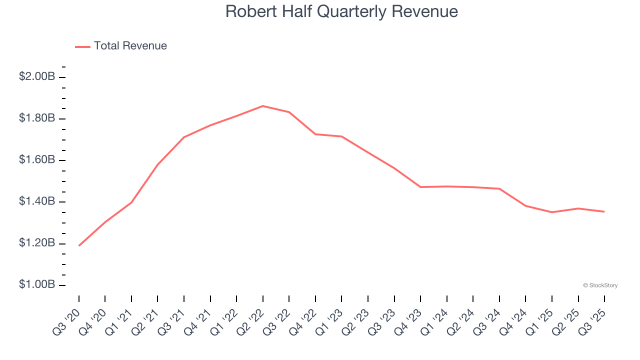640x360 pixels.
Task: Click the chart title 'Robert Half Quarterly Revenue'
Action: pyautogui.click(x=341, y=11)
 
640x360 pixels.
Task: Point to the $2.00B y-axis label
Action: pyautogui.click(x=37, y=77)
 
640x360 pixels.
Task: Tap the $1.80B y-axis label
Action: pyautogui.click(x=37, y=118)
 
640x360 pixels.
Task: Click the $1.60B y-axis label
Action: pyautogui.click(x=37, y=160)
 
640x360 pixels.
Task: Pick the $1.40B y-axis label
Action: pyautogui.click(x=37, y=201)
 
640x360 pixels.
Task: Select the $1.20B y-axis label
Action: pyautogui.click(x=37, y=243)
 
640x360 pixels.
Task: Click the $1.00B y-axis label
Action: pyautogui.click(x=37, y=285)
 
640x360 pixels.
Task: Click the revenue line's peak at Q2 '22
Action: pyautogui.click(x=263, y=106)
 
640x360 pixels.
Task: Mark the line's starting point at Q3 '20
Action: pyautogui.click(x=79, y=245)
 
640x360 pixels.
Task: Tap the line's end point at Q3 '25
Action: pyautogui.click(x=604, y=211)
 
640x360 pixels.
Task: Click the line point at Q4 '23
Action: pyautogui.click(x=420, y=187)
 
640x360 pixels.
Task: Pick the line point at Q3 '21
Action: pyautogui.click(x=184, y=137)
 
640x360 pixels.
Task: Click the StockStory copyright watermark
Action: pyautogui.click(x=600, y=285)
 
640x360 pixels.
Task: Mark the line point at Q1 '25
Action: pyautogui.click(x=552, y=212)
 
